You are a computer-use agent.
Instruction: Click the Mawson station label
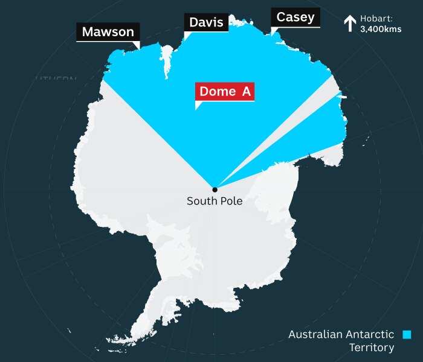(x=108, y=32)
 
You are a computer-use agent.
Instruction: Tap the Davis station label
(x=206, y=23)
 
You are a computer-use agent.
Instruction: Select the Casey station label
(x=295, y=17)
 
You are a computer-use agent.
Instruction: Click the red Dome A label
(x=224, y=92)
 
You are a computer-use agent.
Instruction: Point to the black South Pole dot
(x=215, y=189)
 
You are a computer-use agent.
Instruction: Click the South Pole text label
(x=215, y=201)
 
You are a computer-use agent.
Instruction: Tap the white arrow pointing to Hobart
(x=349, y=24)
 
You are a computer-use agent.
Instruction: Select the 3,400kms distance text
(x=380, y=28)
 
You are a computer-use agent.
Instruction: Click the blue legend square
(x=407, y=334)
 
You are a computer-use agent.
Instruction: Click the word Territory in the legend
(x=372, y=348)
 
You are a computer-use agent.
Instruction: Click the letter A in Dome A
(x=246, y=92)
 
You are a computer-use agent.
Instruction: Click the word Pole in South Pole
(x=230, y=201)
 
